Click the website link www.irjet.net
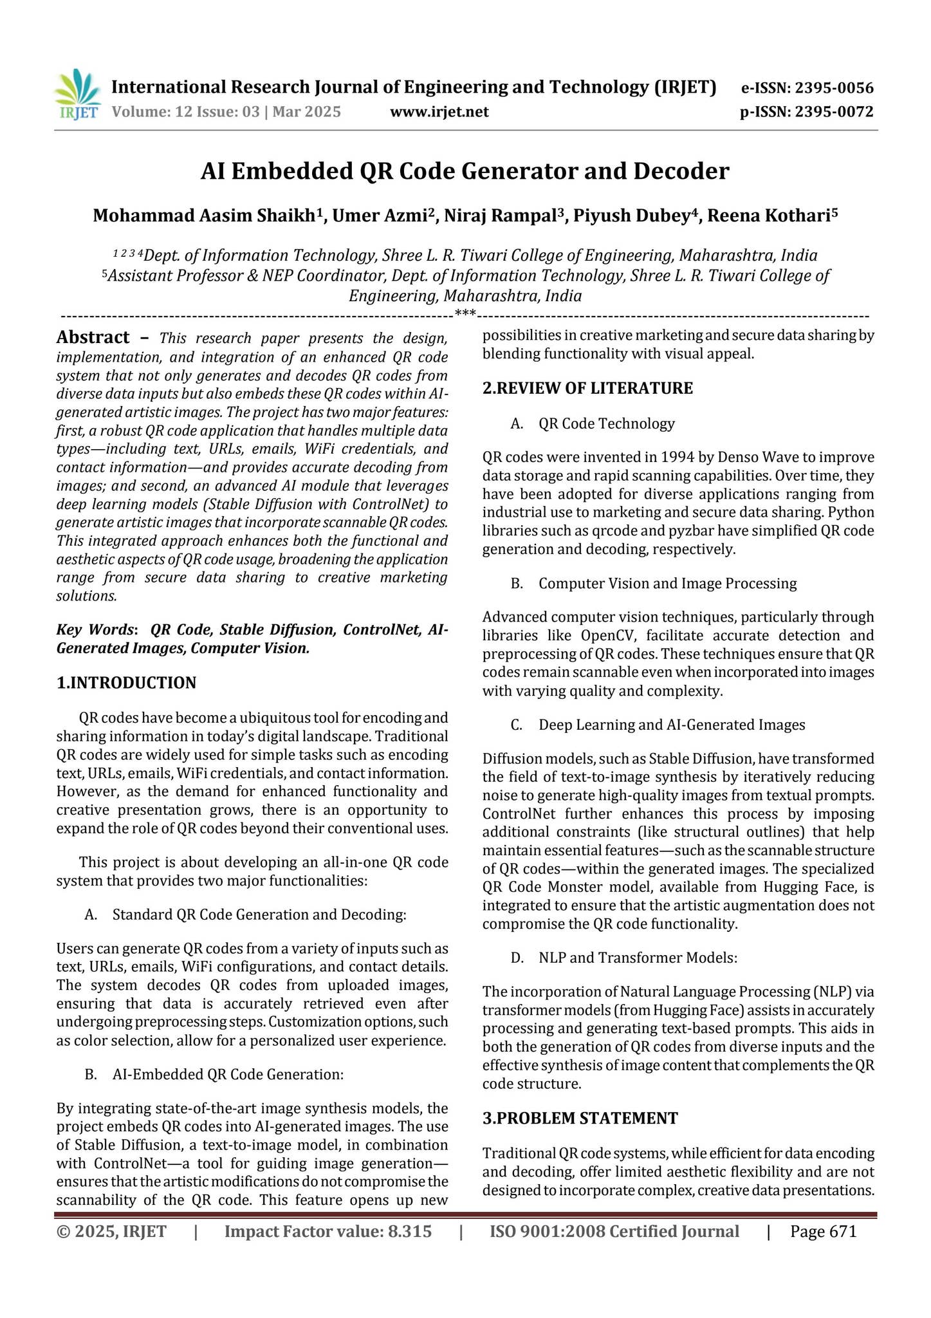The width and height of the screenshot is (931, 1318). click(x=439, y=112)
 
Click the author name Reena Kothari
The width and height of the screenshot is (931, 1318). click(x=769, y=216)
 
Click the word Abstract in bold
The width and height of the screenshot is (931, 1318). click(x=93, y=337)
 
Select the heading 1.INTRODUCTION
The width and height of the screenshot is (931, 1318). click(x=126, y=683)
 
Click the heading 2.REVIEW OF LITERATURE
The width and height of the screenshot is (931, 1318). click(x=587, y=388)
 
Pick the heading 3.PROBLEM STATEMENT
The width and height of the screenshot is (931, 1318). click(x=580, y=1118)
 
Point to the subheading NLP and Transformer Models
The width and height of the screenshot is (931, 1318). click(x=637, y=958)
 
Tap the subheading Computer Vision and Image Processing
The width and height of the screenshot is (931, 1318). click(x=667, y=583)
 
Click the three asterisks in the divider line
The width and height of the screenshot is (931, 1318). click(x=465, y=314)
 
